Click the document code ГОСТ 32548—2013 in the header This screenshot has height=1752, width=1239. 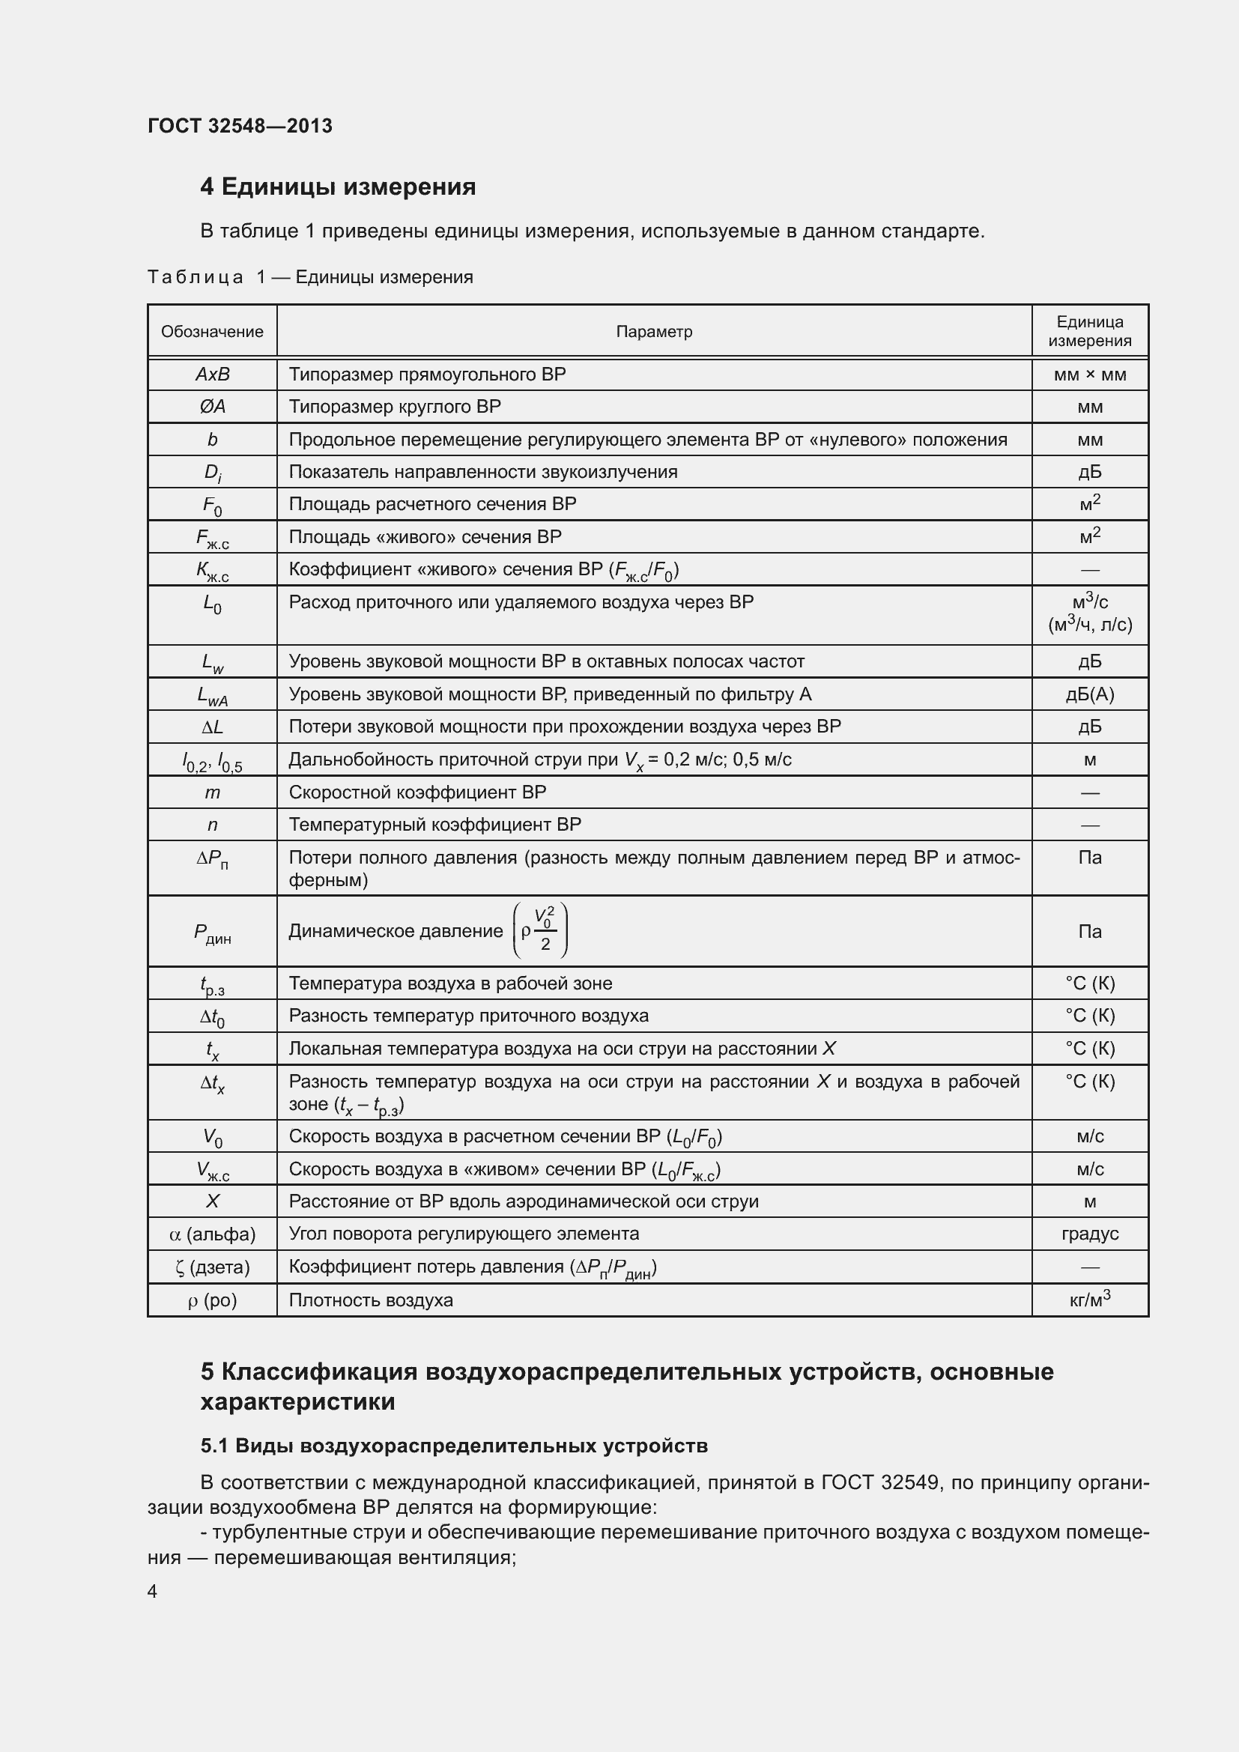point(240,126)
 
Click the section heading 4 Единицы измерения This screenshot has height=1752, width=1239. point(337,187)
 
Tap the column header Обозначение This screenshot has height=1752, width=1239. point(212,332)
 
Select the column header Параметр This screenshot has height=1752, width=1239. point(654,332)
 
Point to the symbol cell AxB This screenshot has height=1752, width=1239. point(212,375)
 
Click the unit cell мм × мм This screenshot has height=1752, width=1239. point(1089,375)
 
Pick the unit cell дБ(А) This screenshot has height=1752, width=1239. point(1089,694)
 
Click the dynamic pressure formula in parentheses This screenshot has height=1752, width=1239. point(540,930)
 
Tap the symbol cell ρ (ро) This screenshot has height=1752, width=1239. point(212,1300)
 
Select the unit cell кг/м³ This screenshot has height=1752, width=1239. point(1089,1300)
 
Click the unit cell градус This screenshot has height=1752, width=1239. point(1089,1234)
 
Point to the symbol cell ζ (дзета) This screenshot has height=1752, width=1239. point(212,1267)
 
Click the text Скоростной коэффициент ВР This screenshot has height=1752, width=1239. point(417,792)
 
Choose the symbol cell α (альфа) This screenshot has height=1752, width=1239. point(212,1234)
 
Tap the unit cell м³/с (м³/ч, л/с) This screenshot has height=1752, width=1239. point(1089,614)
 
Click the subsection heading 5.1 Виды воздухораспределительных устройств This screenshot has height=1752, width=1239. point(454,1446)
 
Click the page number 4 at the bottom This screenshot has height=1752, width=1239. point(152,1591)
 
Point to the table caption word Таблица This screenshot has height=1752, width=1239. point(196,277)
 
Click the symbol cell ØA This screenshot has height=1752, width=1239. point(212,407)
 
